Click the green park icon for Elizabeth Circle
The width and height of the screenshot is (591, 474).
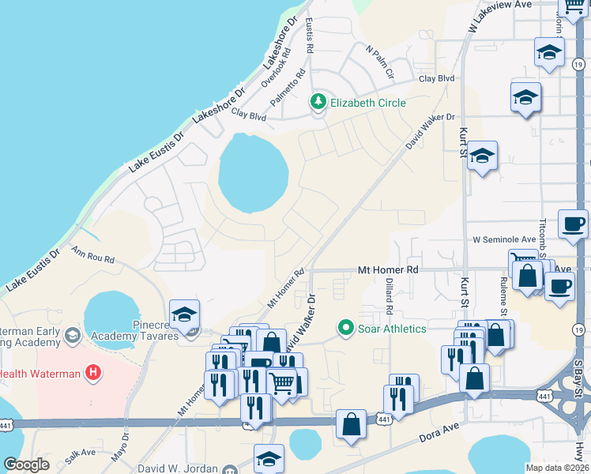tap(319, 102)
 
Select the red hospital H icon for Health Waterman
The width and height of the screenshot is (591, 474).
tap(93, 372)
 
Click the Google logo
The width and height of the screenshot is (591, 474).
tap(26, 465)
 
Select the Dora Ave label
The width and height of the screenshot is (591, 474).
tap(439, 435)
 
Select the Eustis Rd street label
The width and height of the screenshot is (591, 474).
tap(310, 36)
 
